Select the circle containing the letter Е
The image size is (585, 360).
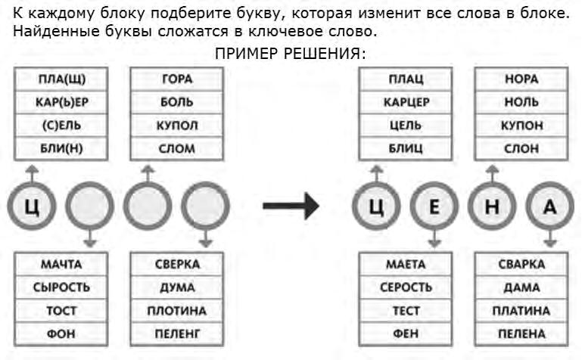tap(434, 206)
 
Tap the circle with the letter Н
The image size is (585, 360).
tap(493, 206)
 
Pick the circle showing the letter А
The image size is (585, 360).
tap(550, 206)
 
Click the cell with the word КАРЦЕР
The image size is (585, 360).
tap(406, 102)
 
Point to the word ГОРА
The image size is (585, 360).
tap(177, 79)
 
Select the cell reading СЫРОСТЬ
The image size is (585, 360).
tap(61, 287)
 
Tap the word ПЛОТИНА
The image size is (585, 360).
tap(177, 311)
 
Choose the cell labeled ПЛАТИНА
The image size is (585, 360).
tap(521, 311)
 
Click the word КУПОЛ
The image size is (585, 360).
tap(177, 126)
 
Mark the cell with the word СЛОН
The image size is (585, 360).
tap(521, 149)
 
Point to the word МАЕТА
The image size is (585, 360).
tap(406, 264)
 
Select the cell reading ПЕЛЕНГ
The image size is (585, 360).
tap(177, 334)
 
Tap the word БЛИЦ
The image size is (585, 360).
tap(406, 149)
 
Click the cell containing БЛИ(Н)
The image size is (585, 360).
tap(61, 149)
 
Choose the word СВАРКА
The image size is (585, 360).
tap(521, 264)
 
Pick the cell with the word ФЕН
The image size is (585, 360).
tap(406, 334)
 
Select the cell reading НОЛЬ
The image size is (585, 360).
tap(521, 102)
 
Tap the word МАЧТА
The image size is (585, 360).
tap(61, 264)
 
